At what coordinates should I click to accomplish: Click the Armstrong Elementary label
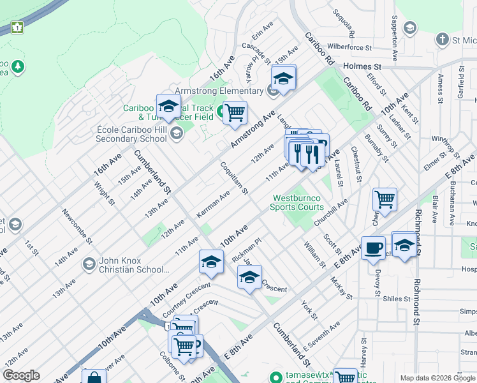point(218,91)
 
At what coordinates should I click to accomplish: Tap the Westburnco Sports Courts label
point(297,202)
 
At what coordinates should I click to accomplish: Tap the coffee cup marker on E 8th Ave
point(373,248)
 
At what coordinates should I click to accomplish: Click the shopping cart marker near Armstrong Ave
point(235,112)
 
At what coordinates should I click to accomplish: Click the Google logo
point(22,376)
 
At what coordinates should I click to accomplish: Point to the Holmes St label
point(362,66)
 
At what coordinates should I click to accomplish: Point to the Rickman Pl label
point(247,250)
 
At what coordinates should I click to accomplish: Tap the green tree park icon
point(18,66)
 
